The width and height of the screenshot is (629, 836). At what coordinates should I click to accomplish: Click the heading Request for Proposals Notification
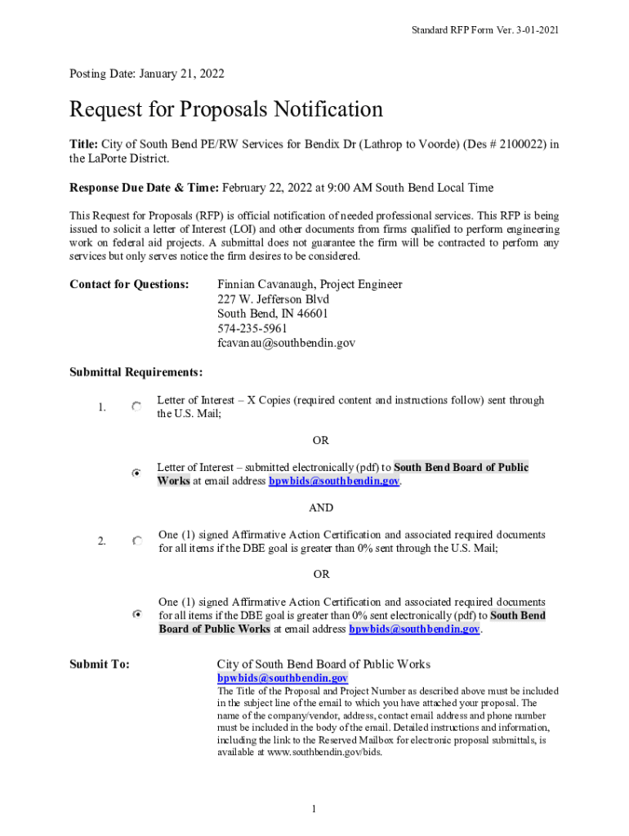tap(226, 109)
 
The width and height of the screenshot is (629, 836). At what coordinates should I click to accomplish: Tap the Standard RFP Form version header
tap(485, 30)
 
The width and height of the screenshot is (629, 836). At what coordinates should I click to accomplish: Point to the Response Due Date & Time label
tap(144, 188)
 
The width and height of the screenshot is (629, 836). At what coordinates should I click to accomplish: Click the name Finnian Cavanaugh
tap(265, 285)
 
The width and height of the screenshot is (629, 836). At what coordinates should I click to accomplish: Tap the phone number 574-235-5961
tap(252, 329)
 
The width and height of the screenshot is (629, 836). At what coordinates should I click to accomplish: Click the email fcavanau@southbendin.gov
tap(286, 344)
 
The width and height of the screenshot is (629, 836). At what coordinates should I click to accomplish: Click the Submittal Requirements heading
tap(136, 373)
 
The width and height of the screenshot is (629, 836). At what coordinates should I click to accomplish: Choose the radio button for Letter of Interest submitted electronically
tap(136, 473)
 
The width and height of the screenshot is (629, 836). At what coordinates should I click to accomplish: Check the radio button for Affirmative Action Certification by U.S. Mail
tap(137, 540)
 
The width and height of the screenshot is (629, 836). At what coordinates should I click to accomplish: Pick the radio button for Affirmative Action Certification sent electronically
tap(137, 614)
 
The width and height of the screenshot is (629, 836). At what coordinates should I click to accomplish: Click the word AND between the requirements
tap(321, 508)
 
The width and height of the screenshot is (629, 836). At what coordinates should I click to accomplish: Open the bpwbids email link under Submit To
tap(282, 678)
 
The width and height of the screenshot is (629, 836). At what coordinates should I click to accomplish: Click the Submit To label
tap(99, 665)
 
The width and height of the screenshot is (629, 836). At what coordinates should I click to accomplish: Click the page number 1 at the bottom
tap(314, 809)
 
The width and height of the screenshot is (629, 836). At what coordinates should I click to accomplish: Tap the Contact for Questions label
tap(129, 285)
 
